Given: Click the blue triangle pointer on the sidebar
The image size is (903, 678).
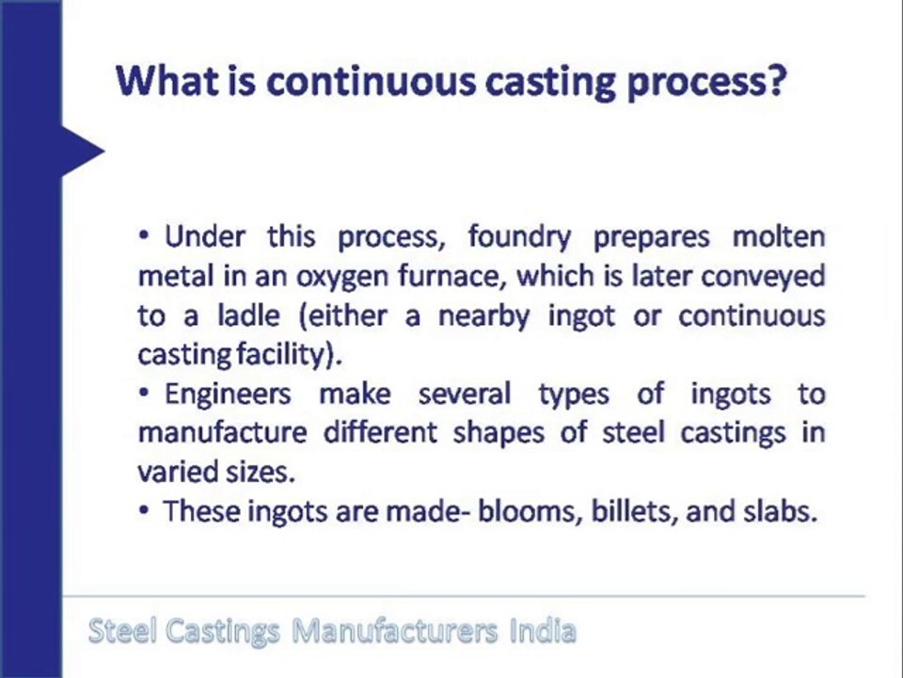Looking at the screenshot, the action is point(84,151).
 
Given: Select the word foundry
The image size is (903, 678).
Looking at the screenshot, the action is point(519,238).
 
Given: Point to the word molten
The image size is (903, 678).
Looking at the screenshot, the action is point(779,237).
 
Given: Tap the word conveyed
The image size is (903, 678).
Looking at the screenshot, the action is point(763,278).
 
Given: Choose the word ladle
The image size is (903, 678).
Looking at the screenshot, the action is point(248,315).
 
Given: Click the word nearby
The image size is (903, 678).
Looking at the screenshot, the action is point(483,317).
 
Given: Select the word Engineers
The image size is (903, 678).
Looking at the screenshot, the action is point(228,395).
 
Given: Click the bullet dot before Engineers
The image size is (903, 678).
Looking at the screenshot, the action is point(145,394).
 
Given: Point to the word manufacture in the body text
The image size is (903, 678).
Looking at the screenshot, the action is point(222,433).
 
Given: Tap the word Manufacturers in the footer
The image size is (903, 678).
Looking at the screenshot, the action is point(394,631).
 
